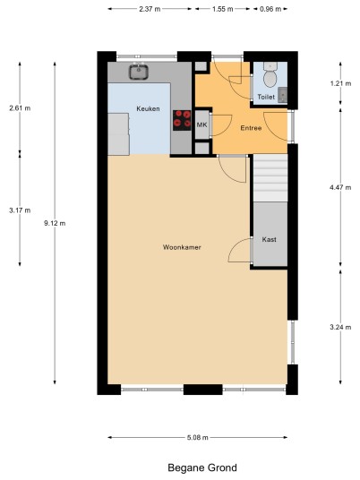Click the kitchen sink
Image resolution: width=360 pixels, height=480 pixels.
pos(139,72)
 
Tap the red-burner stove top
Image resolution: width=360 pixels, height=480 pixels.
pos(182,120)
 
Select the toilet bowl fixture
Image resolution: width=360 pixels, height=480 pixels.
pos(270,74)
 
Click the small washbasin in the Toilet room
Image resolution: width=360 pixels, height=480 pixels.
pos(283,94)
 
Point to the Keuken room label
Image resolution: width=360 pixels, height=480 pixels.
pos(148,108)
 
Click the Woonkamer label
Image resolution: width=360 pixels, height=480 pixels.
pos(182,247)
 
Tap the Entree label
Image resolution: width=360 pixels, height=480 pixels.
pos(251,128)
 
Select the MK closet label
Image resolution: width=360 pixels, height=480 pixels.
pos(201,124)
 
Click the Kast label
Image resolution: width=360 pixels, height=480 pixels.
pos(269,239)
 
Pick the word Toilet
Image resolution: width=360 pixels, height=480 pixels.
pos(266,97)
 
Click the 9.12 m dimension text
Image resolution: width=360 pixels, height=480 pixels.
pos(55,223)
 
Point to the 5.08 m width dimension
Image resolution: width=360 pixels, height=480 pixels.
pos(198,437)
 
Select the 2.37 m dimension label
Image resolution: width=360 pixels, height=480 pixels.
pos(150,9)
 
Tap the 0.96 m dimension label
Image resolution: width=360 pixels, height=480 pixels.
pos(270,9)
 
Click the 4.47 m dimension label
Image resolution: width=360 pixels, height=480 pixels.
pos(340,187)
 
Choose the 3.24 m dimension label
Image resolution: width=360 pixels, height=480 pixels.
pos(340,327)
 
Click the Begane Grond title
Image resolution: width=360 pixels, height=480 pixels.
pos(202,467)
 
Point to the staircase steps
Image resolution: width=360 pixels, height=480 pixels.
pos(270,178)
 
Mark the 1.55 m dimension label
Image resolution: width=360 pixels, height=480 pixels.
pos(223,9)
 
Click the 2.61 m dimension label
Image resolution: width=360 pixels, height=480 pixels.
pos(20,107)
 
